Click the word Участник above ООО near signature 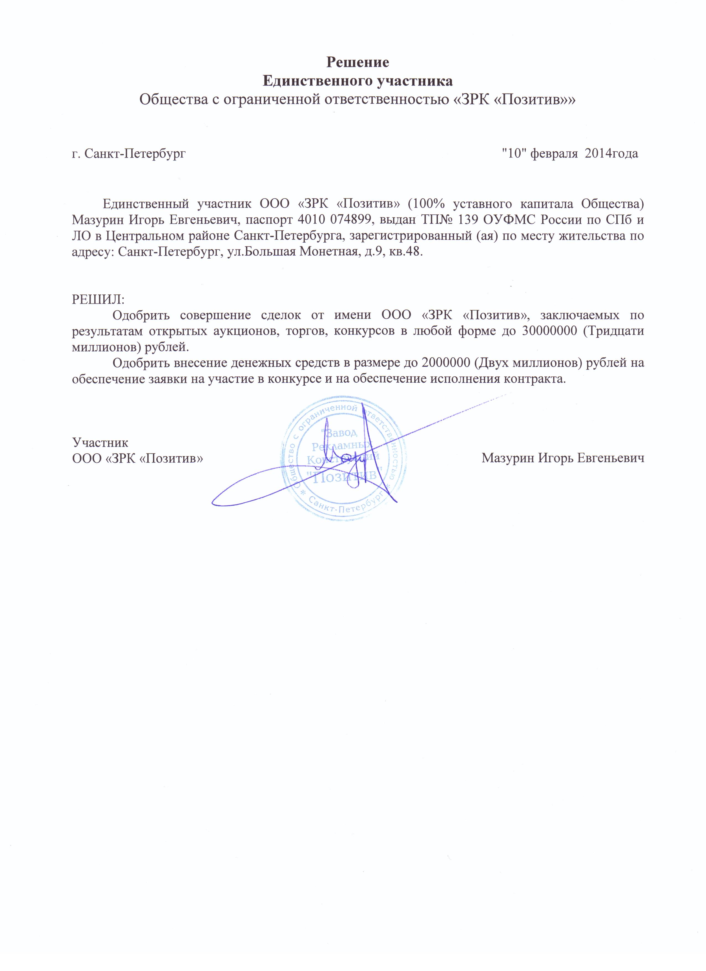click(100, 442)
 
